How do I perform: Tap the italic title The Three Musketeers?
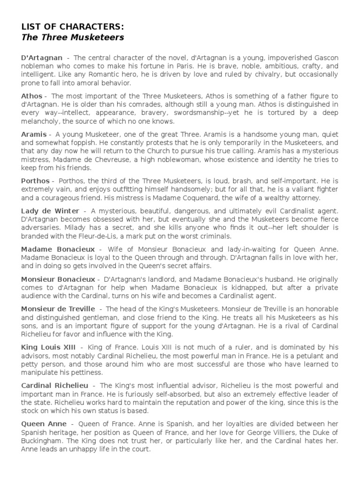(x=73, y=37)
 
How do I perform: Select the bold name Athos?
(x=32, y=96)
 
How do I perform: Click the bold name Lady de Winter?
(x=50, y=210)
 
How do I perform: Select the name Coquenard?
(x=187, y=197)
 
